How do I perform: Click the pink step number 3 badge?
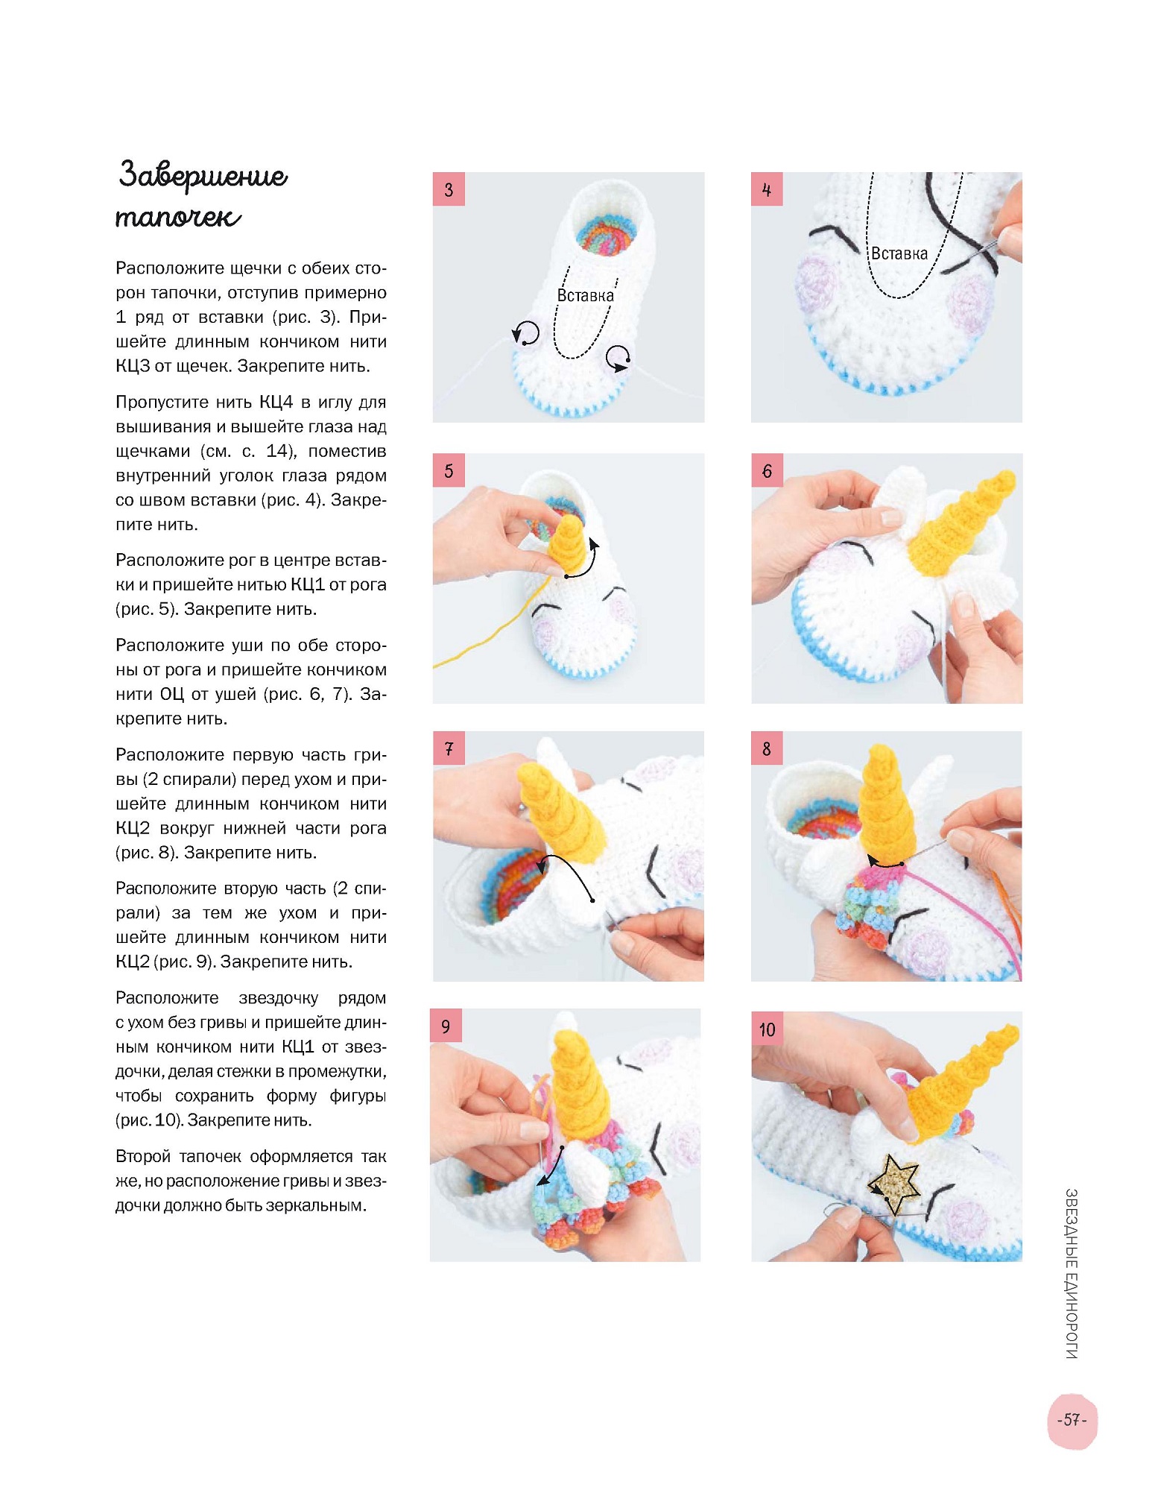[x=449, y=189]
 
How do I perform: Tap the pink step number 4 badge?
[x=767, y=189]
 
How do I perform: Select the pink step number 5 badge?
[x=449, y=470]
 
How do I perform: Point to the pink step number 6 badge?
[x=767, y=470]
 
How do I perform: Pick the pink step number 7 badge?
[x=449, y=748]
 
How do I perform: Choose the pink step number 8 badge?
[x=767, y=748]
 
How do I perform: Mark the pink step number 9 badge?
[x=446, y=1026]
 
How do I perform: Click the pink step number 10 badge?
[x=767, y=1029]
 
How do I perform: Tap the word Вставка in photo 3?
[x=586, y=295]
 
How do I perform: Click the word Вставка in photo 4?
[x=899, y=253]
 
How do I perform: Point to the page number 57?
[x=1072, y=1420]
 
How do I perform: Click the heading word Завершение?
[x=203, y=176]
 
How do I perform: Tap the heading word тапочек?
[x=178, y=218]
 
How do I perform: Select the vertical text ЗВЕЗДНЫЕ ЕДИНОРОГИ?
[x=1071, y=1273]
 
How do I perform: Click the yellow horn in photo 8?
[x=887, y=805]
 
